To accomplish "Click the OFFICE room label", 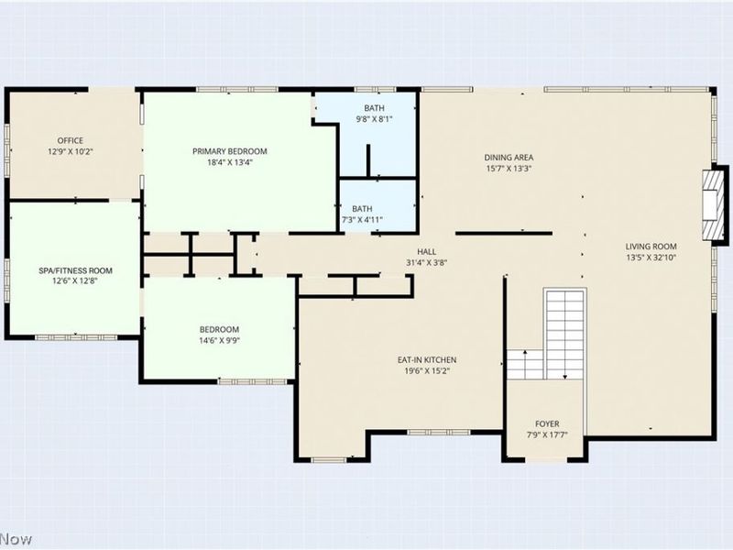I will (x=71, y=140).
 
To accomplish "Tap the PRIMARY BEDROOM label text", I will (x=229, y=151).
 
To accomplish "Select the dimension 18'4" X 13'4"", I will (x=229, y=163).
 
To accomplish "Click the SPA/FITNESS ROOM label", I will (x=75, y=270).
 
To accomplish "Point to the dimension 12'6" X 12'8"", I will (x=75, y=281).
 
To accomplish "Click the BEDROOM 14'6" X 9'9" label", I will (x=220, y=330).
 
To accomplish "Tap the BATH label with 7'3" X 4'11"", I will (x=363, y=208).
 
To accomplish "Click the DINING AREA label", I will (x=509, y=157).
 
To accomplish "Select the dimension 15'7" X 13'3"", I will (x=509, y=169).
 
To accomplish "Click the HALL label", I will (x=427, y=251).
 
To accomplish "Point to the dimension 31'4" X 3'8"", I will (x=427, y=262).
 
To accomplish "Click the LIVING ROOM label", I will (x=651, y=246).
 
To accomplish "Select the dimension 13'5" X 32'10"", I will (x=651, y=258).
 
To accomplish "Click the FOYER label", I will (x=546, y=424).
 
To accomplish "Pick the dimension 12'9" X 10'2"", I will (x=71, y=151).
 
